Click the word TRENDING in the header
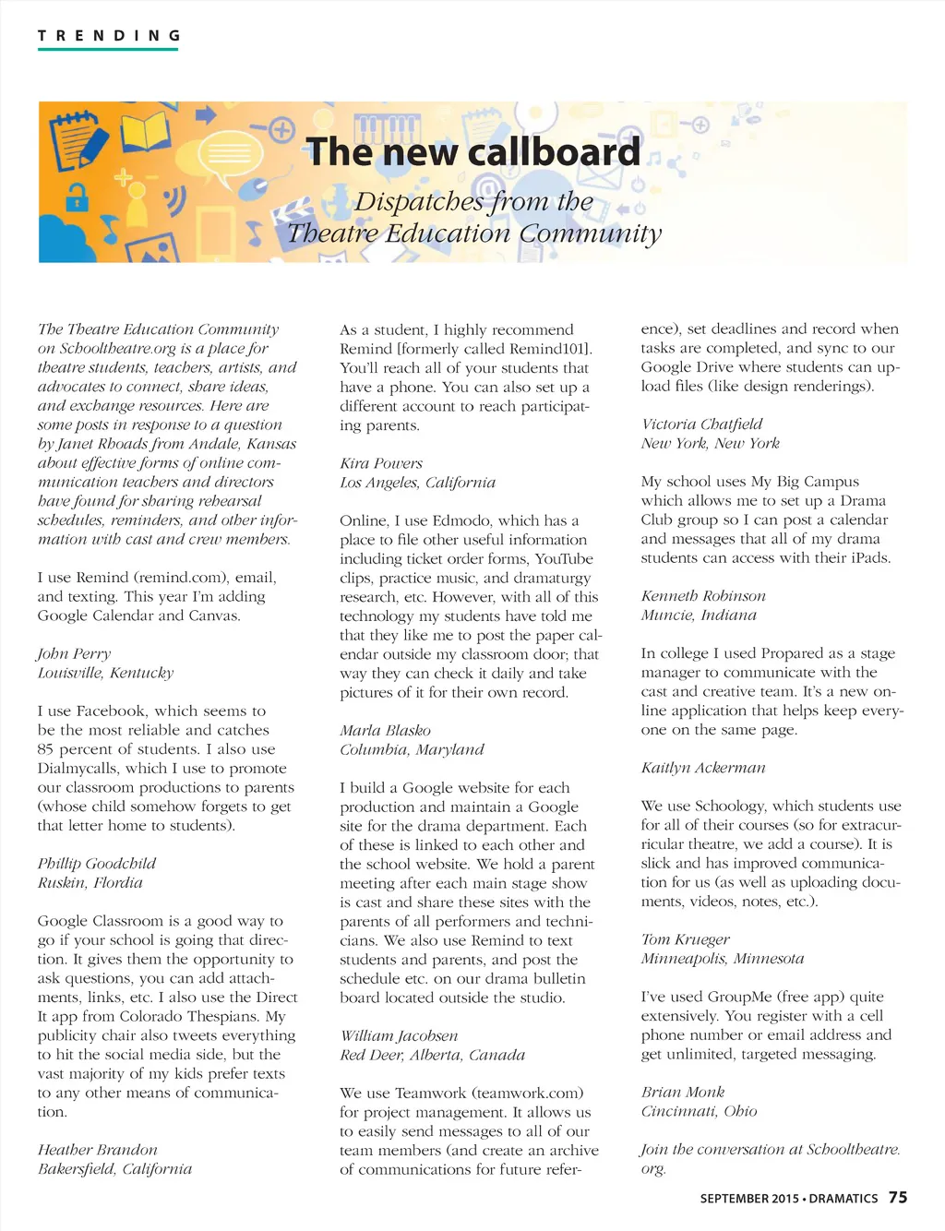tap(108, 36)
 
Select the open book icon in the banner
tap(148, 132)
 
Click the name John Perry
tap(74, 654)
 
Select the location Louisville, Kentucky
tap(105, 673)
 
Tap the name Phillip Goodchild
tap(97, 864)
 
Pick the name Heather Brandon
tap(97, 1150)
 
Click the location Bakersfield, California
tap(114, 1169)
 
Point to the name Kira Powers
tap(381, 463)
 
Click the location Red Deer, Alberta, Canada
tap(432, 1055)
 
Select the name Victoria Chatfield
tap(701, 424)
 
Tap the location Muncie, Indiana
tap(699, 615)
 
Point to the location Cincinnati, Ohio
tap(699, 1111)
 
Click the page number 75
tap(897, 1198)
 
